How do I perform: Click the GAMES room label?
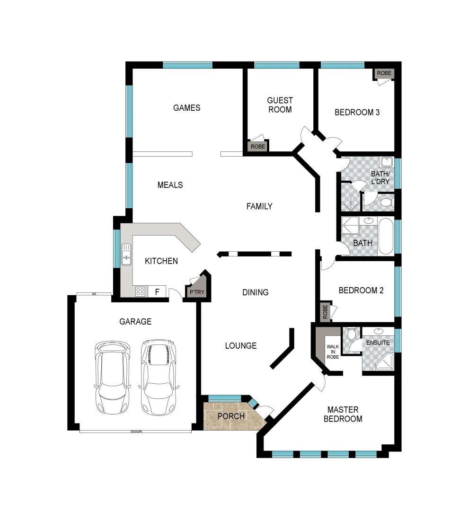[186, 108]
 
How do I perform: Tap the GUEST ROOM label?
[280, 105]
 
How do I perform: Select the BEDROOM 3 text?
[357, 113]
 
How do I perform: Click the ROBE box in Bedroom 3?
[384, 73]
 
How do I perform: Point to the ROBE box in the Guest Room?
[258, 147]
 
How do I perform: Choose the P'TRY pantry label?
[197, 292]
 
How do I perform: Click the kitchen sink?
[126, 254]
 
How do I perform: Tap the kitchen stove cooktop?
[140, 291]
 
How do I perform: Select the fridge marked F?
[157, 291]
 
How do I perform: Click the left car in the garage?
[112, 377]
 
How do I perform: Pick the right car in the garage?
[158, 377]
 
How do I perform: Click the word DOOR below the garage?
[136, 432]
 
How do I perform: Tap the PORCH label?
[231, 416]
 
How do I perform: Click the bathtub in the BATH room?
[386, 236]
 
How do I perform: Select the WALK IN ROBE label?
[333, 352]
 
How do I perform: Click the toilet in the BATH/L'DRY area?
[387, 203]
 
